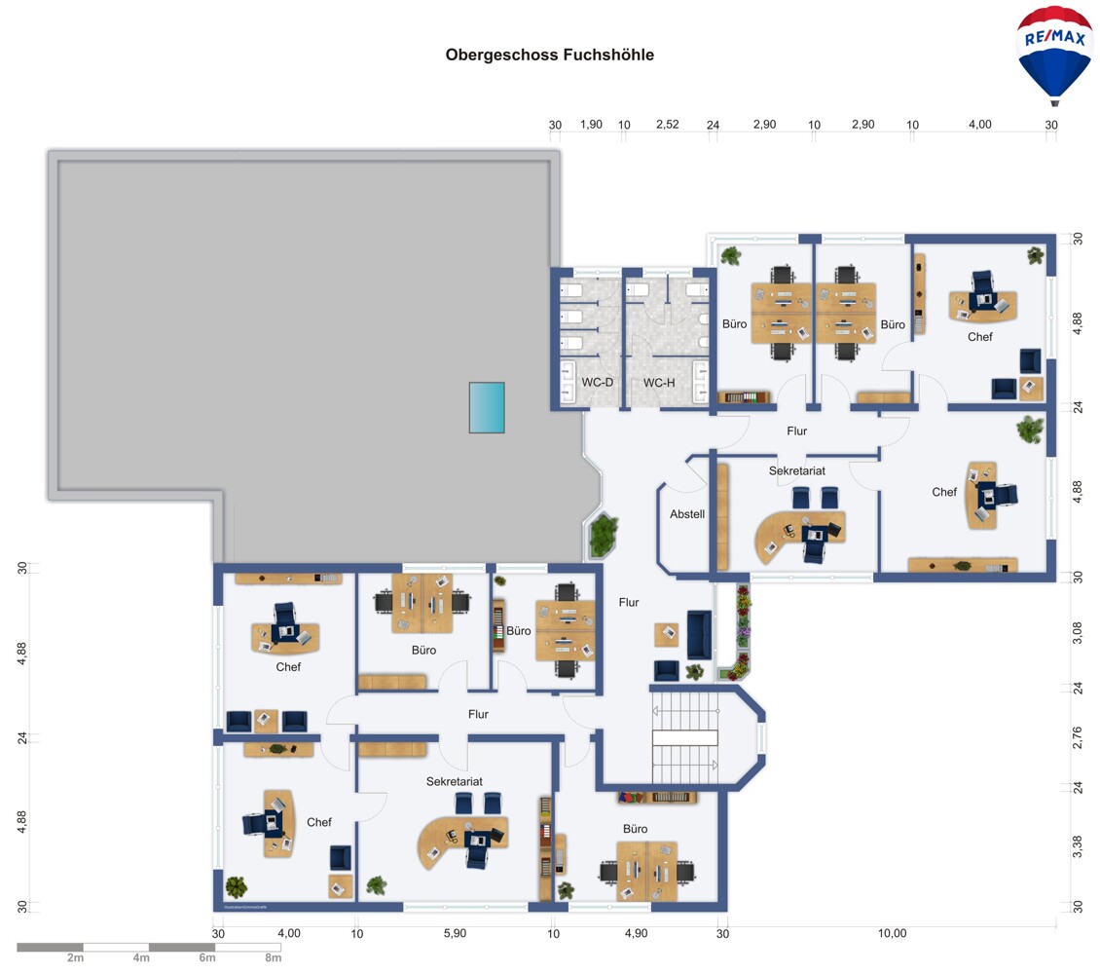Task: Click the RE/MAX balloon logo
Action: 1054,55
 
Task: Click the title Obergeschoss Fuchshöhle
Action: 549,55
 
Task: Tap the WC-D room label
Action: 597,383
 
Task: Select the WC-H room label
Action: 659,383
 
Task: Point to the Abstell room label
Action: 687,514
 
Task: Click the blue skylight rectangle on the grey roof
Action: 487,407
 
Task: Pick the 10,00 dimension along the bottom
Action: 893,933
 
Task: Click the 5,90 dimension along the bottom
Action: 455,933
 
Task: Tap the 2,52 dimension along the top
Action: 667,125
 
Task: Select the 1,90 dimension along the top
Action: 591,125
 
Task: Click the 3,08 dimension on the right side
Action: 1078,633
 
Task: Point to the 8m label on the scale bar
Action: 273,957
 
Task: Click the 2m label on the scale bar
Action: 75,957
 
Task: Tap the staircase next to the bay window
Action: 685,737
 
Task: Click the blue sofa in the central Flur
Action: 699,634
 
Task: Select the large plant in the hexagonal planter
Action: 604,535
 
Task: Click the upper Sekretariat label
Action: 797,470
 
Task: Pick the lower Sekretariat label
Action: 455,782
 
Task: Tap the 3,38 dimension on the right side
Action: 1078,846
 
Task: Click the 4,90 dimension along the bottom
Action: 637,933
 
